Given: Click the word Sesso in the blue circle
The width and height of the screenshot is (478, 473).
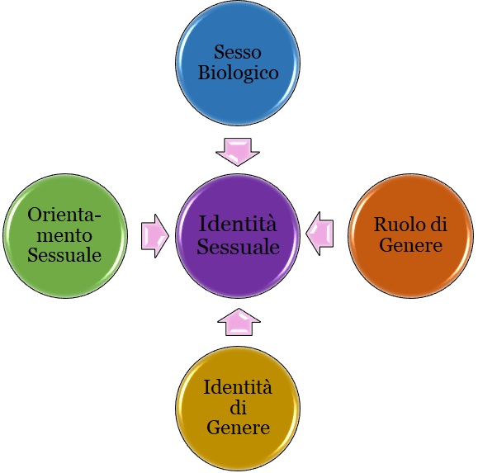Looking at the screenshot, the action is click(x=238, y=52).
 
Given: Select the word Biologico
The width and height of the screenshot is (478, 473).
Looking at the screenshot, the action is click(x=239, y=73).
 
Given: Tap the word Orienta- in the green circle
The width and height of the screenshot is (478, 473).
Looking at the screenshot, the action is click(x=64, y=215).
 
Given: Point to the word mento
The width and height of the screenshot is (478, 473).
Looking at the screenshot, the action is click(x=64, y=235).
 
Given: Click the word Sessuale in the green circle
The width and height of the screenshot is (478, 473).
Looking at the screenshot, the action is click(x=64, y=255).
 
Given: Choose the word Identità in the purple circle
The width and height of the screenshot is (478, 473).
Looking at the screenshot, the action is click(x=238, y=224).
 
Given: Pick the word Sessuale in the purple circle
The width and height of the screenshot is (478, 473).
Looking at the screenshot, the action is click(x=238, y=246).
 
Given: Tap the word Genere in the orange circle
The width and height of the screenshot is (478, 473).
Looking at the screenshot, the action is click(x=411, y=244).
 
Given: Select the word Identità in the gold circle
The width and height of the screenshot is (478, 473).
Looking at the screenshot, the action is click(x=238, y=387).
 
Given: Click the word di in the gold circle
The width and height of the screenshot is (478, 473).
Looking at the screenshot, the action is click(x=238, y=407).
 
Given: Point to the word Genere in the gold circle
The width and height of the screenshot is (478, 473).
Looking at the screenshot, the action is click(x=238, y=427).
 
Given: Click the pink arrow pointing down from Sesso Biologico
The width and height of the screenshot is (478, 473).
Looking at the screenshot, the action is click(x=238, y=151).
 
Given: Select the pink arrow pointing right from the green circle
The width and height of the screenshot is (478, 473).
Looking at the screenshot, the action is click(x=155, y=236).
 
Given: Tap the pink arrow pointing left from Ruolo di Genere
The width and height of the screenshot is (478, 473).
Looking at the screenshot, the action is click(x=319, y=234).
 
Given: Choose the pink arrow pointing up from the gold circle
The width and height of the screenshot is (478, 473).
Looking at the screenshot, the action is click(x=239, y=322).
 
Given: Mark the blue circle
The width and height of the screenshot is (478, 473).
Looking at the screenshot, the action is click(x=238, y=63).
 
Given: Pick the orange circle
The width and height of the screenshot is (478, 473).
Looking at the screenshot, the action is click(x=411, y=236).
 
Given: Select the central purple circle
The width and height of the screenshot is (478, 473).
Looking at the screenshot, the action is click(x=238, y=236).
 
